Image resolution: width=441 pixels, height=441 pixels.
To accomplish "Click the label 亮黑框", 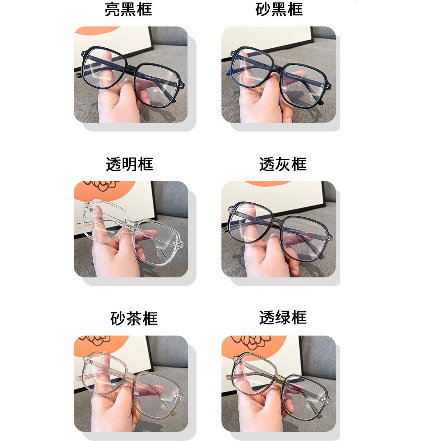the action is (128, 9).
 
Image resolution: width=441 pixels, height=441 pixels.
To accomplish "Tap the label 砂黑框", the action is (279, 9).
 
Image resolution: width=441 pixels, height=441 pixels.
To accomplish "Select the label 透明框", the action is (129, 164).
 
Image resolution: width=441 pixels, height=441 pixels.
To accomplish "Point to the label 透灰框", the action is (283, 164).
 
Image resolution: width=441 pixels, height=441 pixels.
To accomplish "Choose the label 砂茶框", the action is (134, 319).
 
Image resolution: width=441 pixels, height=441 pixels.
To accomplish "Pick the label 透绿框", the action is (283, 317).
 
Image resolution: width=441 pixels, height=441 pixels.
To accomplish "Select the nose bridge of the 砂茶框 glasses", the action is (130, 378).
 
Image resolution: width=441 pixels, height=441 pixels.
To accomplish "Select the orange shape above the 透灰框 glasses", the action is (267, 183).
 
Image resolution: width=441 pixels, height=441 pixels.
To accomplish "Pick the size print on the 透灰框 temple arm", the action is (297, 232).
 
